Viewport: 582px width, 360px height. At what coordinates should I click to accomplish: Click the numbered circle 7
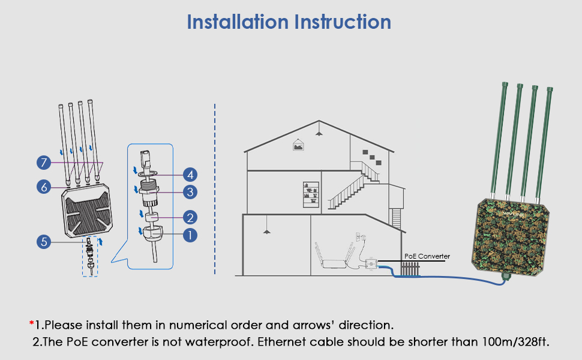pyautogui.click(x=43, y=163)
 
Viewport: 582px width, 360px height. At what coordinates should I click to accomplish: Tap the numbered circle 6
pyautogui.click(x=43, y=187)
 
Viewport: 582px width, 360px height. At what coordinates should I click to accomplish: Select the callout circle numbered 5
pyautogui.click(x=43, y=242)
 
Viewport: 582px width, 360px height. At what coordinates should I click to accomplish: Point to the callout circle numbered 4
pyautogui.click(x=190, y=175)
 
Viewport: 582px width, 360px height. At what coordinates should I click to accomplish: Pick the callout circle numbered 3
pyautogui.click(x=190, y=192)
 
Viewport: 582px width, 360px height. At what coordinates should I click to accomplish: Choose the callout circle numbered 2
pyautogui.click(x=190, y=217)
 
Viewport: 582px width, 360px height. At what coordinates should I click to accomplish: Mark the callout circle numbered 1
pyautogui.click(x=190, y=235)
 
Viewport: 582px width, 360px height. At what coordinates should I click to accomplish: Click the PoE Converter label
pyautogui.click(x=427, y=256)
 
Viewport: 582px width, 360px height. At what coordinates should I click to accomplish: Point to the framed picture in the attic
pyautogui.click(x=298, y=145)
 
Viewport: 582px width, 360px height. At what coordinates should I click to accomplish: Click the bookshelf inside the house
pyautogui.click(x=311, y=194)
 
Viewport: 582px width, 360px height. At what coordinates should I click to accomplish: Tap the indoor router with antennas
pyautogui.click(x=335, y=262)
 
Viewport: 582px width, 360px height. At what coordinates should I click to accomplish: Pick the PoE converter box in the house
pyautogui.click(x=371, y=263)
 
